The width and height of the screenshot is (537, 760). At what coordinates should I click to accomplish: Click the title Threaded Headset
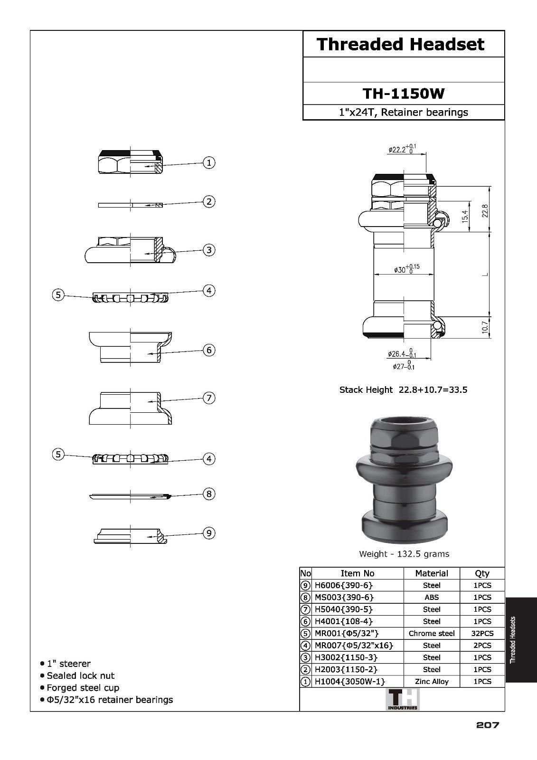(x=400, y=44)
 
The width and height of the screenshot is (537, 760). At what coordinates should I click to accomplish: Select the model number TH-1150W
(x=404, y=93)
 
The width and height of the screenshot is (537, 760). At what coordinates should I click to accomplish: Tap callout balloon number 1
(x=209, y=162)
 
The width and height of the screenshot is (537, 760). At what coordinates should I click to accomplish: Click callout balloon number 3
(x=209, y=250)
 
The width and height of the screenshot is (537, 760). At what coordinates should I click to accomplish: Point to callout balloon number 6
(x=209, y=350)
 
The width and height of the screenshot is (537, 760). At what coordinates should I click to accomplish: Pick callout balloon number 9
(x=209, y=533)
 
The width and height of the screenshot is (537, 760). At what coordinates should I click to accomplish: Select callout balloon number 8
(x=209, y=494)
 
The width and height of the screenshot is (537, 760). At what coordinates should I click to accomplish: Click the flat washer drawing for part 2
(x=130, y=205)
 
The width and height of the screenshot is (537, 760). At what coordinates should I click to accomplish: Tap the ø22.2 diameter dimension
(x=402, y=149)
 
